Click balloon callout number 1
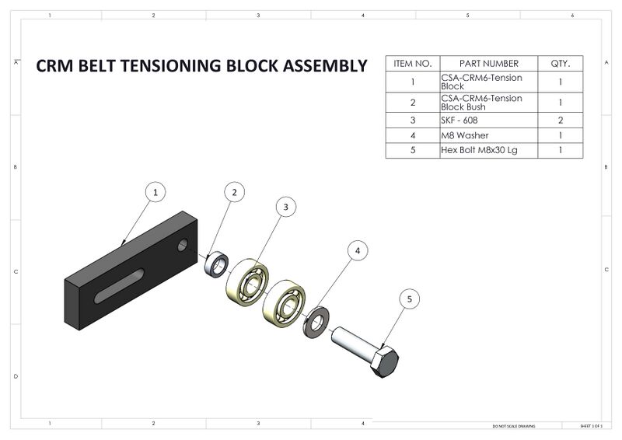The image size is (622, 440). [155, 191]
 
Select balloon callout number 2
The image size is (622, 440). [235, 192]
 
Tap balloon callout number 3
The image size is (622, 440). [286, 207]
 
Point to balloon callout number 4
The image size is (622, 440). [358, 250]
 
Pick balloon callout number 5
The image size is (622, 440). [411, 298]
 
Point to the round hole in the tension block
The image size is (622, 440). [183, 246]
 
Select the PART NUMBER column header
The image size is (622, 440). [488, 63]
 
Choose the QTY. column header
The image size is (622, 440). [561, 63]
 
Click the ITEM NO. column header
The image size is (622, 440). [413, 63]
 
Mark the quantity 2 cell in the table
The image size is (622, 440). [561, 120]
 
